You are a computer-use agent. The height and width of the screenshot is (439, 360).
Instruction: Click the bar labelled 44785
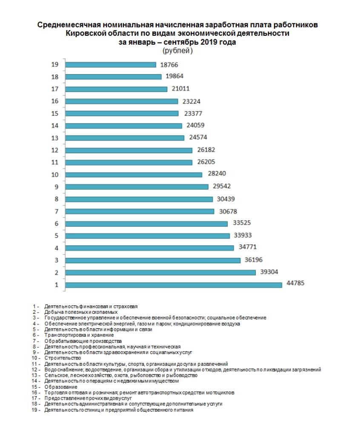pyautogui.click(x=173, y=284)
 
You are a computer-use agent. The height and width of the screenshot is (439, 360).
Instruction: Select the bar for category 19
pyautogui.click(x=111, y=65)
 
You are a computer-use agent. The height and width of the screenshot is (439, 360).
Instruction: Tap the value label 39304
pyautogui.click(x=269, y=272)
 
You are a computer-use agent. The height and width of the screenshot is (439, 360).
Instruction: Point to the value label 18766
pyautogui.click(x=169, y=65)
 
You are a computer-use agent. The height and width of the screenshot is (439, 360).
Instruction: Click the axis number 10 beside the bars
pyautogui.click(x=54, y=175)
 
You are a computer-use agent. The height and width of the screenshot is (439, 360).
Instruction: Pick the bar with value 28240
pyautogui.click(x=133, y=175)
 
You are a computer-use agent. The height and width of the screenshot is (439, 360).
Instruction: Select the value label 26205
pyautogui.click(x=206, y=162)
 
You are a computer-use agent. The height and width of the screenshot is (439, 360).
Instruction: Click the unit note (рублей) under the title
pyautogui.click(x=177, y=51)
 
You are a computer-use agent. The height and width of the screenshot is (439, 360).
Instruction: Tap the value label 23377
pyautogui.click(x=192, y=113)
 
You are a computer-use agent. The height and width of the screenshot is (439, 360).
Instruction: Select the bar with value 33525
pyautogui.click(x=146, y=224)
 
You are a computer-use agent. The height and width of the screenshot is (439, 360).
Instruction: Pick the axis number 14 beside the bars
pyautogui.click(x=54, y=126)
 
